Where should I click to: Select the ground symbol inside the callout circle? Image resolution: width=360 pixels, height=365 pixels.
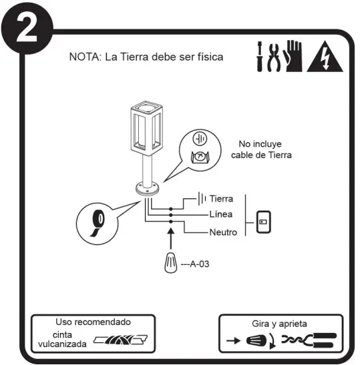click(x=199, y=139)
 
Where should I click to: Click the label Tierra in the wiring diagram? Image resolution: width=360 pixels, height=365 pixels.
click(x=220, y=199)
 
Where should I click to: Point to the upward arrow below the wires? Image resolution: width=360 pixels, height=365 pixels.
click(x=170, y=238)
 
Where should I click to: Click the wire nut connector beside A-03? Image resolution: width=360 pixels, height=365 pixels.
click(x=171, y=262)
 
